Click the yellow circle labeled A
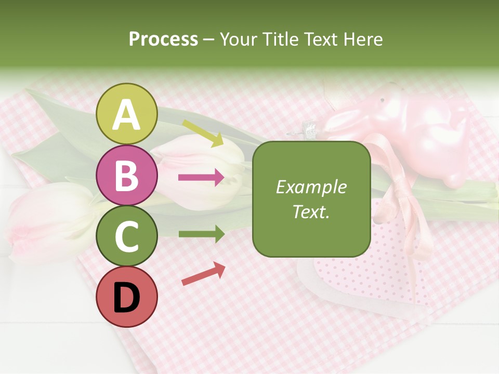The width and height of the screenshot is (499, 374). pyautogui.click(x=127, y=114)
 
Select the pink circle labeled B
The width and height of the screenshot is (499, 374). pyautogui.click(x=127, y=175)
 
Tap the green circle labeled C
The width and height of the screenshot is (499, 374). pyautogui.click(x=127, y=236)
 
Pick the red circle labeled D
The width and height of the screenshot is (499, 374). pyautogui.click(x=127, y=297)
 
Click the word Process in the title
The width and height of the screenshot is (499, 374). pyautogui.click(x=163, y=39)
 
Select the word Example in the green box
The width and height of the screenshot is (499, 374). pyautogui.click(x=311, y=187)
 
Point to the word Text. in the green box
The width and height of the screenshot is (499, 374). pyautogui.click(x=311, y=211)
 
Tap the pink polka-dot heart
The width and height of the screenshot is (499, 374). pyautogui.click(x=364, y=275)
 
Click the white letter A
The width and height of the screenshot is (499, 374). pyautogui.click(x=127, y=115)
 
